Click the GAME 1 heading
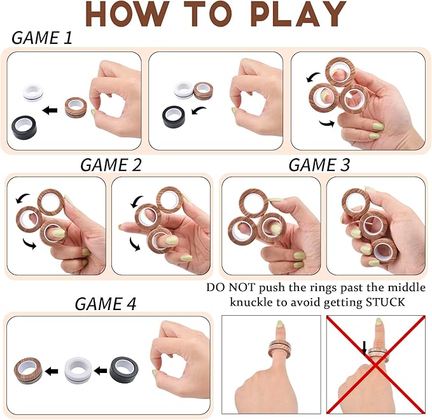click(41, 37)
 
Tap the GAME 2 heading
click(111, 165)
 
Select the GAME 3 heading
click(319, 165)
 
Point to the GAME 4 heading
click(106, 304)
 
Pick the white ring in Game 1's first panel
click(33, 93)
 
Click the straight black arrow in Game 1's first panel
click(50, 111)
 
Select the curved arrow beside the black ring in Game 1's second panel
click(199, 111)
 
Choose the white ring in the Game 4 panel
click(78, 370)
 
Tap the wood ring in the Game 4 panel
click(28, 370)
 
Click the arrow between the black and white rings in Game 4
click(101, 370)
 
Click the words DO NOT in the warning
click(230, 287)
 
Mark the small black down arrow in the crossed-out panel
click(364, 348)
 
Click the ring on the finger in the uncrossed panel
click(279, 348)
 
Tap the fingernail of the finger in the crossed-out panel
click(379, 322)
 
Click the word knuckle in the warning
click(251, 302)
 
